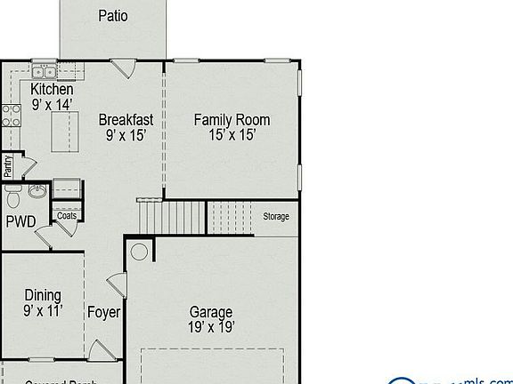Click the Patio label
112,15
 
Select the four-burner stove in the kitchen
12,113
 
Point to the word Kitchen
52,90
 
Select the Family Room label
232,120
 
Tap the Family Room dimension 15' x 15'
232,136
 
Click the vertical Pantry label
8,166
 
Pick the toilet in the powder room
12,196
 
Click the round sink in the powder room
37,190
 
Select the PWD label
20,221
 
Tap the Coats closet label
67,215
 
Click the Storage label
275,216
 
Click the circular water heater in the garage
139,252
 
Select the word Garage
211,312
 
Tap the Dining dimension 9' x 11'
42,312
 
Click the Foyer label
103,313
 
